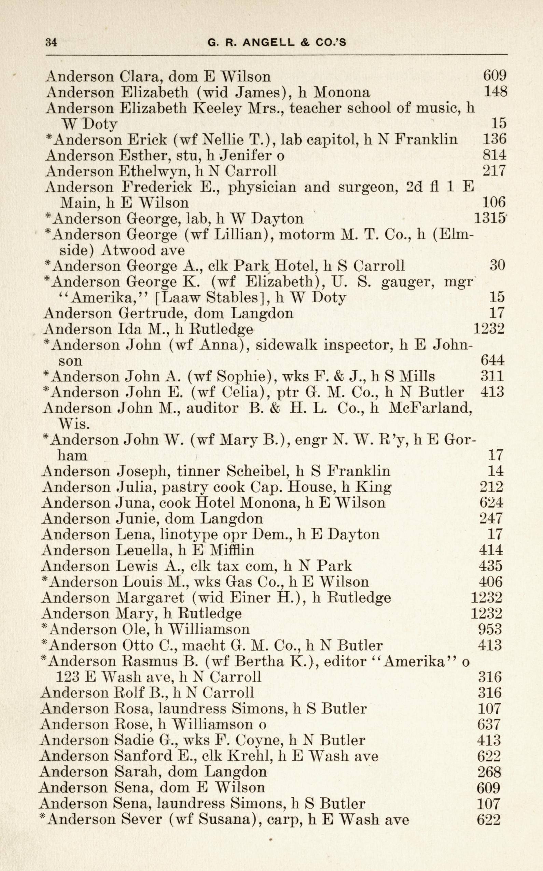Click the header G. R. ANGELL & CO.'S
277,43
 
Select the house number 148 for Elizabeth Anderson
495,92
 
